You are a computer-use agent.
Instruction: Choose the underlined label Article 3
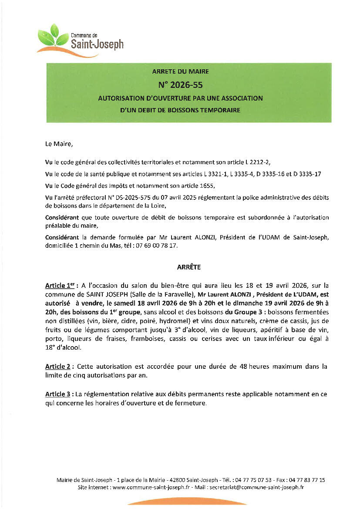58,394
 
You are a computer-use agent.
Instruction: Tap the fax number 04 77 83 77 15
306,480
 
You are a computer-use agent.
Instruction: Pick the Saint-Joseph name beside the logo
97,44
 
